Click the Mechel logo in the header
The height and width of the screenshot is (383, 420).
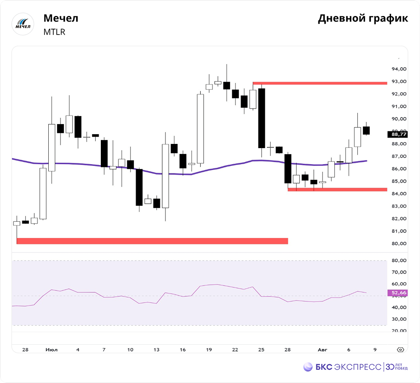point(24,24)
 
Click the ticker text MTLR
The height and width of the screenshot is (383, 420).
point(55,32)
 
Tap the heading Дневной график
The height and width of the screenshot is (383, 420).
point(362,19)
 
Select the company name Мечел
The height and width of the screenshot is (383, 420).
point(61,18)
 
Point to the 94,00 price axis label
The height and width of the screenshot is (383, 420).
point(398,69)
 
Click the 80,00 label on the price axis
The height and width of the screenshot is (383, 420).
point(398,244)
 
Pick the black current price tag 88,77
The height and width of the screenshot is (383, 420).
point(398,135)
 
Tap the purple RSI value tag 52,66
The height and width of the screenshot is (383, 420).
point(398,293)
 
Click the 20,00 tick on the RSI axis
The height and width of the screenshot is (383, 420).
point(398,331)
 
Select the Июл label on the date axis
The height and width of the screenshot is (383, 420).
point(51,350)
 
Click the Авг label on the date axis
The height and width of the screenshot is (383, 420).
point(323,350)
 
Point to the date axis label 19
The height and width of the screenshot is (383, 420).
point(209,350)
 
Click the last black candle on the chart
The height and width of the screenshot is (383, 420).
point(366,130)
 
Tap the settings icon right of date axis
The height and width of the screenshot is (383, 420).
point(400,350)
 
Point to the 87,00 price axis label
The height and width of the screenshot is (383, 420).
point(398,157)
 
